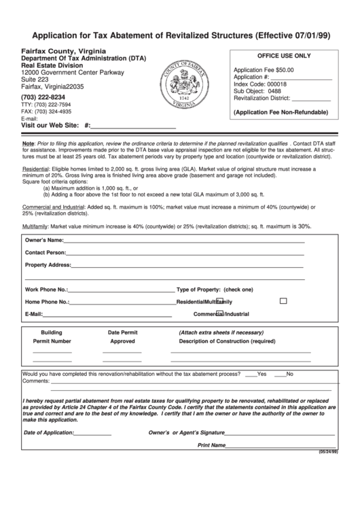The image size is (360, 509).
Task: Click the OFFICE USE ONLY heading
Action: coord(283,56)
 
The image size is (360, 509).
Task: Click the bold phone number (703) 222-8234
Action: coord(48,97)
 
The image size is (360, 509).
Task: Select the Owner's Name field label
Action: coord(44,240)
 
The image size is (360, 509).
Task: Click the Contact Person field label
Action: coord(46,252)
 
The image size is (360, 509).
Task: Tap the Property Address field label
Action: coord(48,264)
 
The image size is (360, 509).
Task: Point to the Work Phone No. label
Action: coord(46,289)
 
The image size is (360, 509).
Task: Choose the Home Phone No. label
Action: coord(47,301)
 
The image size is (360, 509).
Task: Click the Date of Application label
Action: coord(48,432)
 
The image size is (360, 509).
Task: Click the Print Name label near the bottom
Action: coord(211,445)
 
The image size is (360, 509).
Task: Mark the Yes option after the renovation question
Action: coord(262,374)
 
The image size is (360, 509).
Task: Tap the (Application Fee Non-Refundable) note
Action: coord(281,111)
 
